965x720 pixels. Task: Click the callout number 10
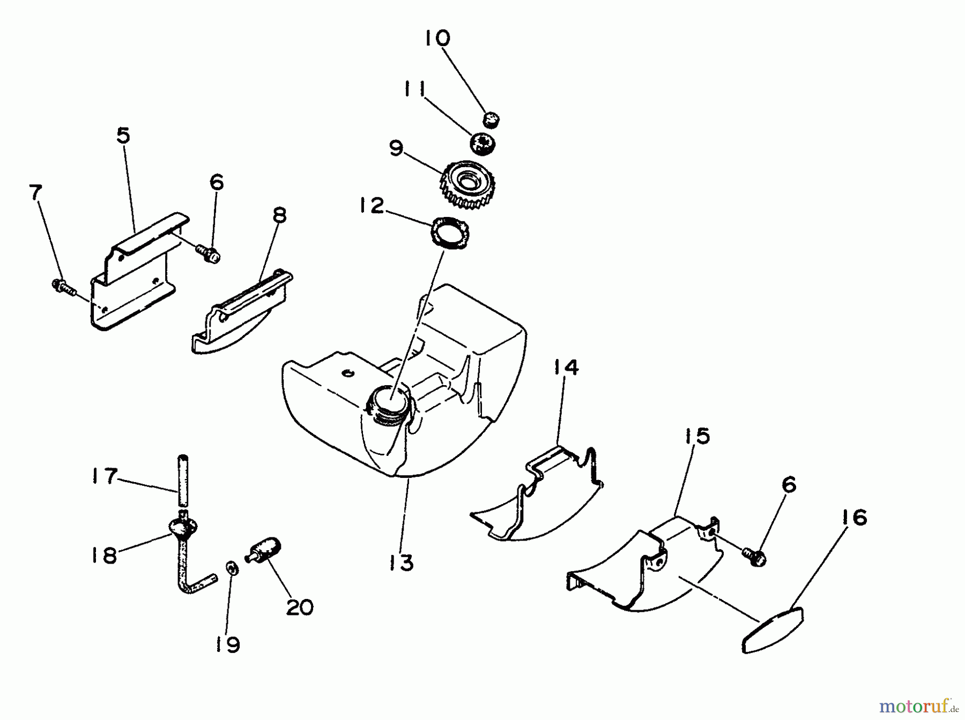pyautogui.click(x=437, y=39)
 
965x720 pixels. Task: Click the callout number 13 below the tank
pyautogui.click(x=402, y=563)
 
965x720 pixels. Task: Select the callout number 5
pyautogui.click(x=123, y=136)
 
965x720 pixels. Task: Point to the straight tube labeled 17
pyautogui.click(x=183, y=480)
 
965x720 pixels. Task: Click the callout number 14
pyautogui.click(x=566, y=367)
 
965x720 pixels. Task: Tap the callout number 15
pyautogui.click(x=696, y=436)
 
